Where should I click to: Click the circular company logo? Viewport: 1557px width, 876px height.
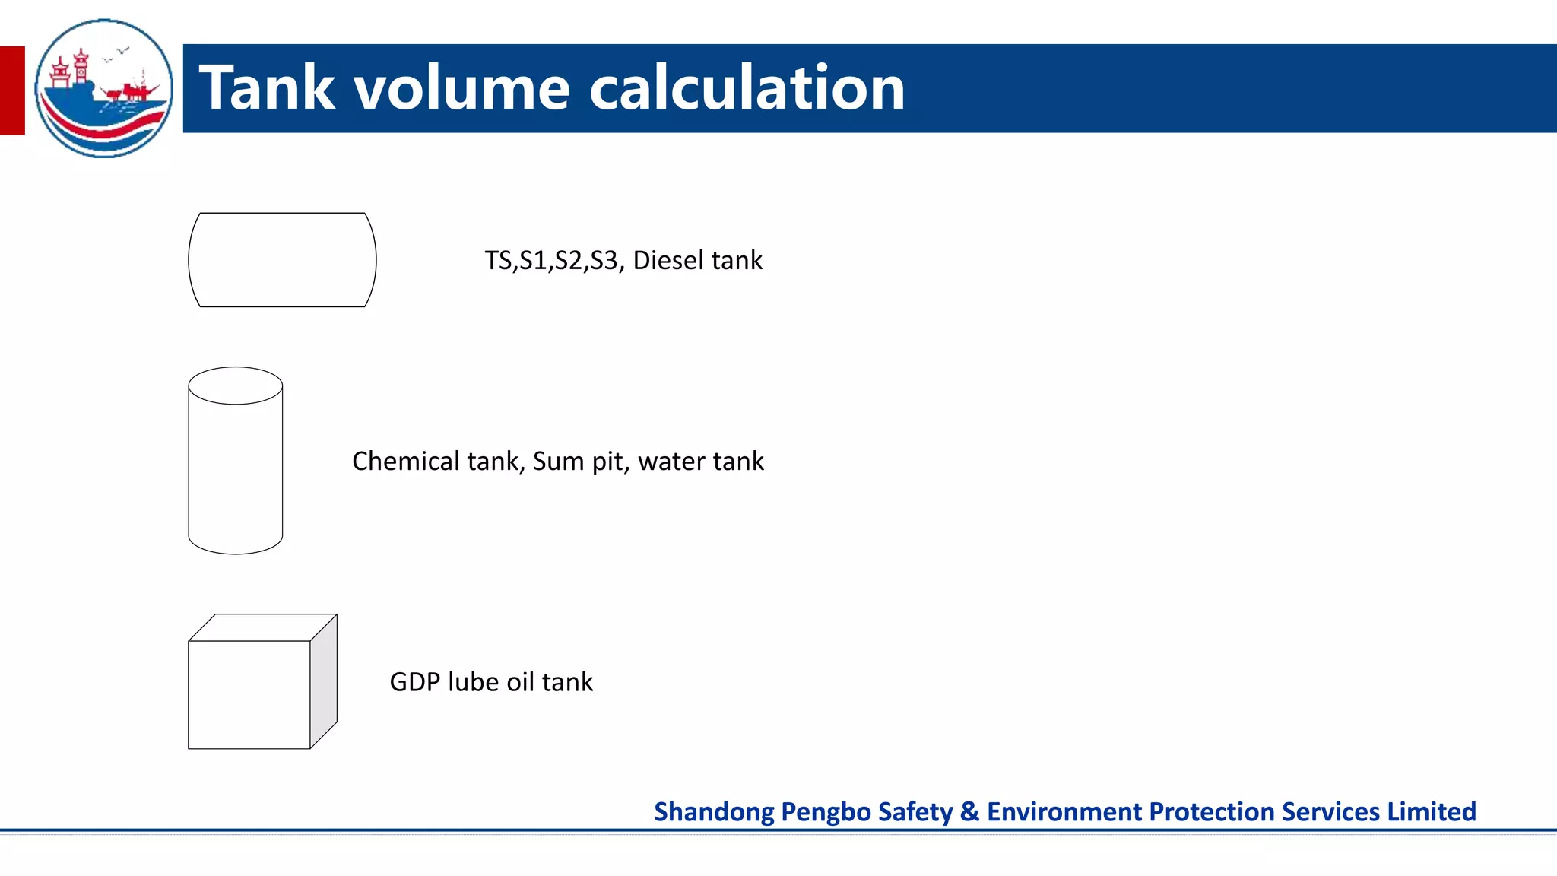click(x=104, y=88)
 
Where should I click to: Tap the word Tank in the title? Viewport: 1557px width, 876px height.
click(x=267, y=88)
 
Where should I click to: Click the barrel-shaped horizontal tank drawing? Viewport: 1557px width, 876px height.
click(x=282, y=260)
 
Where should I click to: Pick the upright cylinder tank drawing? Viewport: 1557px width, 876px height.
click(x=236, y=471)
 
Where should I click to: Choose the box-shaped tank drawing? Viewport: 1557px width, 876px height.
click(x=249, y=693)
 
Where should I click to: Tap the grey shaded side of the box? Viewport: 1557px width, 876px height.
click(x=324, y=681)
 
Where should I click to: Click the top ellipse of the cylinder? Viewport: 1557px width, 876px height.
click(x=236, y=386)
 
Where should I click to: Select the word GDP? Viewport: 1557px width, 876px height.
click(x=415, y=682)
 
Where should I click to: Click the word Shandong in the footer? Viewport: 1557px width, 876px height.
click(x=714, y=812)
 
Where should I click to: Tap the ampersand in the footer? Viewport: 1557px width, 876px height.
click(x=969, y=812)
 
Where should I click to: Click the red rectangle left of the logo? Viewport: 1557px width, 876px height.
click(x=12, y=90)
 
